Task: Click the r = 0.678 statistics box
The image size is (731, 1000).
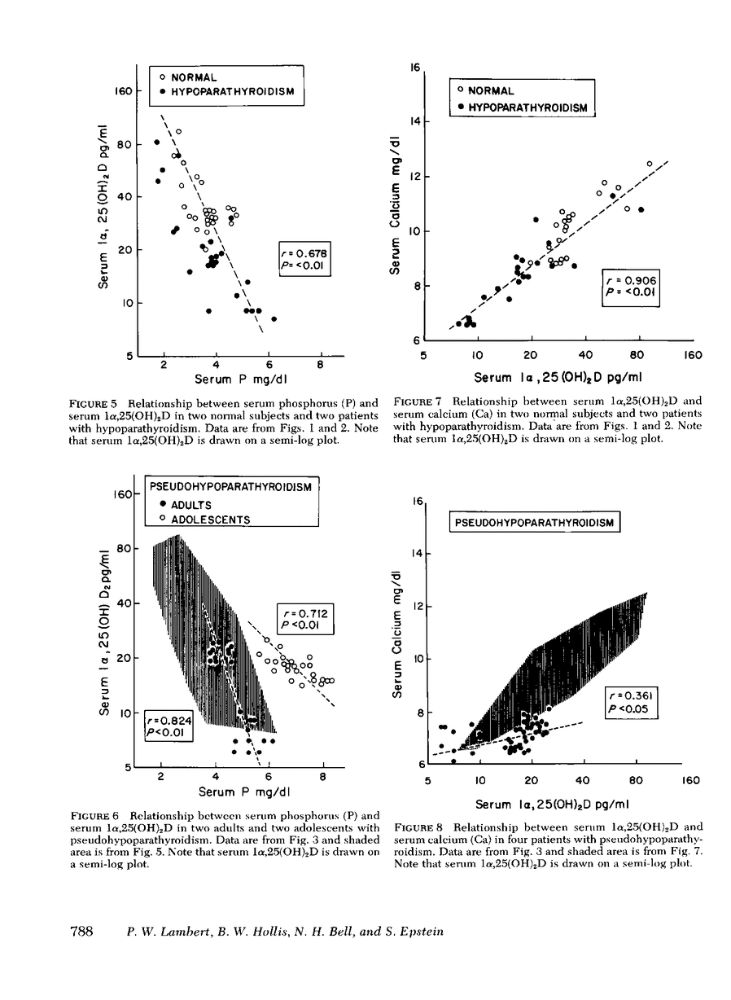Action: [305, 258]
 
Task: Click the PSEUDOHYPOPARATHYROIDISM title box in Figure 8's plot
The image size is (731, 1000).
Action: [535, 521]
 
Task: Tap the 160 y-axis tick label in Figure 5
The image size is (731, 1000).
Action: [122, 92]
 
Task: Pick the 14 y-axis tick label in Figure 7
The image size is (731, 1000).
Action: [414, 122]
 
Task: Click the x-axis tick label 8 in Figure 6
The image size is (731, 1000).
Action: [322, 777]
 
